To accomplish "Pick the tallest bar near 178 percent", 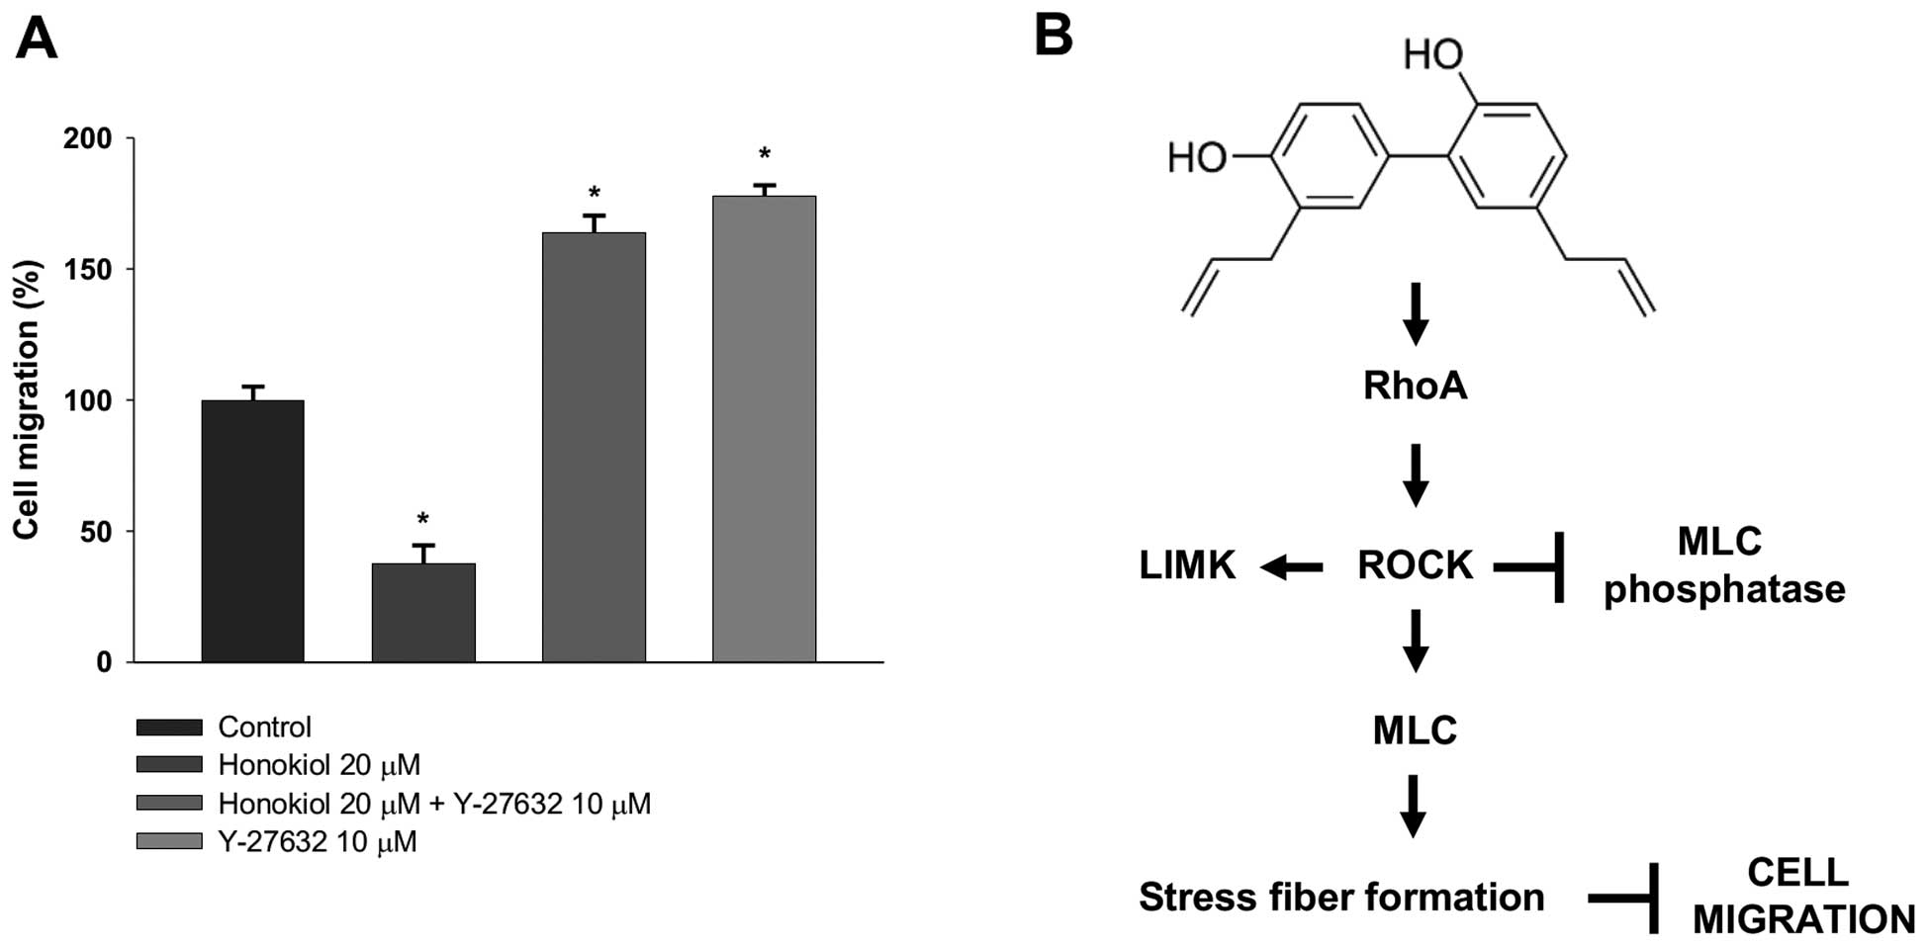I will (x=764, y=429).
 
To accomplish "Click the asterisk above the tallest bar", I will (x=764, y=155).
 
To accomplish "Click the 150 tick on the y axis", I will (x=87, y=269).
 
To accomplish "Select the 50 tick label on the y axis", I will (x=96, y=532).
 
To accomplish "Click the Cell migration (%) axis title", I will (x=27, y=399).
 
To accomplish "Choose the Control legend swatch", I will (x=169, y=728).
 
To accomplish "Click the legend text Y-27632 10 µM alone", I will (x=318, y=842).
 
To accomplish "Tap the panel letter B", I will (x=1054, y=36).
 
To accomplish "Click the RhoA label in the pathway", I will (x=1415, y=386).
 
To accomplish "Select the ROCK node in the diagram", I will (x=1415, y=565).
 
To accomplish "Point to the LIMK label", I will (x=1187, y=565).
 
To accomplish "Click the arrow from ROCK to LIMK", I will (x=1292, y=566).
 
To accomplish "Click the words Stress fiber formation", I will (x=1341, y=898).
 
